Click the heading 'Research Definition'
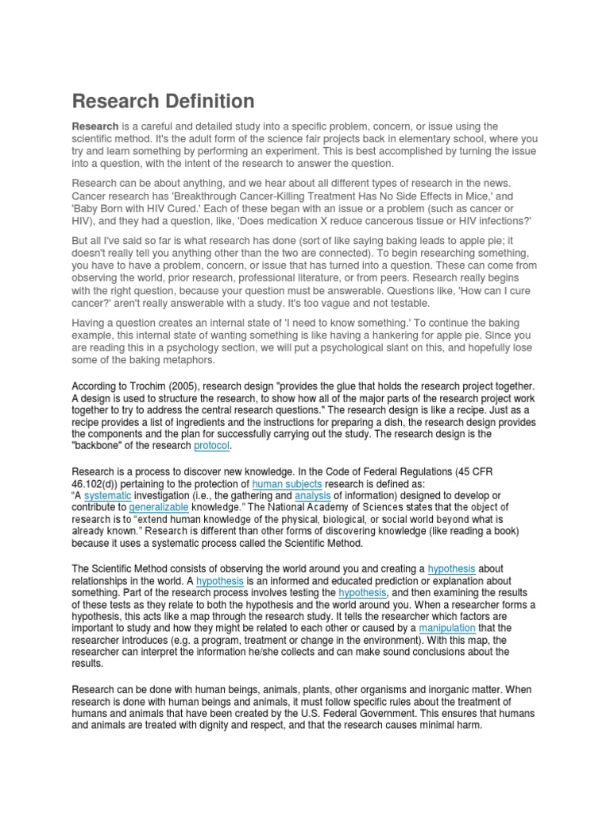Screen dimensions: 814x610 point(164,101)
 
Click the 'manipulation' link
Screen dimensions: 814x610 point(447,628)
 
